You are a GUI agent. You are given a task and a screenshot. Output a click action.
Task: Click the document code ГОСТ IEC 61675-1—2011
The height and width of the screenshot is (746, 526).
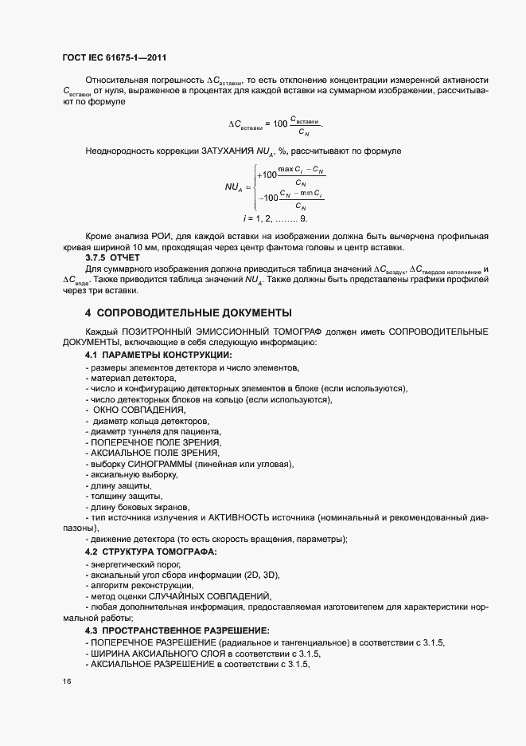point(113,58)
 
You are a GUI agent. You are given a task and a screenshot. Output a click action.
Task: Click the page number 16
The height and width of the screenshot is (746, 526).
point(67,682)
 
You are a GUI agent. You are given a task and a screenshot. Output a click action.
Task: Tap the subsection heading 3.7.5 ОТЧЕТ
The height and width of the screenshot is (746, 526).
point(112,257)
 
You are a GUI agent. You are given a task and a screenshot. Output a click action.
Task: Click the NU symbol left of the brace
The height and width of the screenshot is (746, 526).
point(233,187)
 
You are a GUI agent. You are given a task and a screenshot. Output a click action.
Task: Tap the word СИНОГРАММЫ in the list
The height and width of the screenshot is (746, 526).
point(166,464)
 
